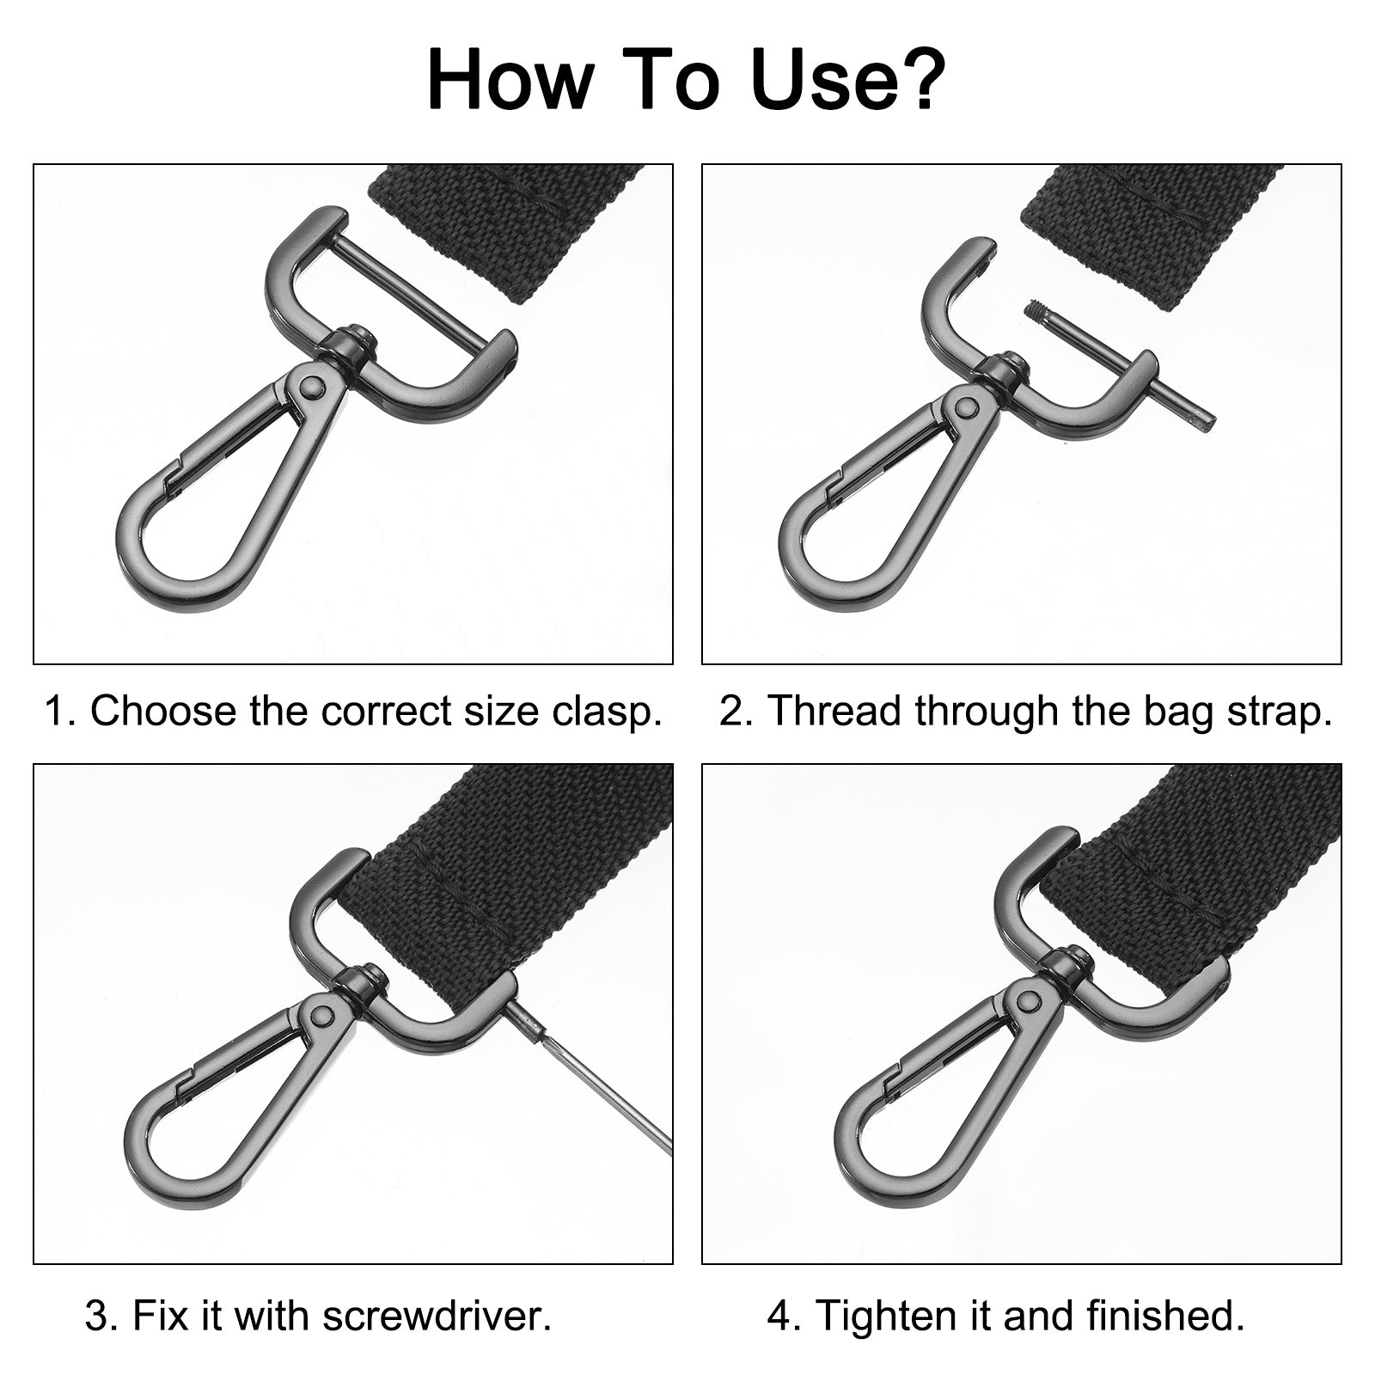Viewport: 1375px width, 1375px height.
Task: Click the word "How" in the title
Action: tap(510, 80)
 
